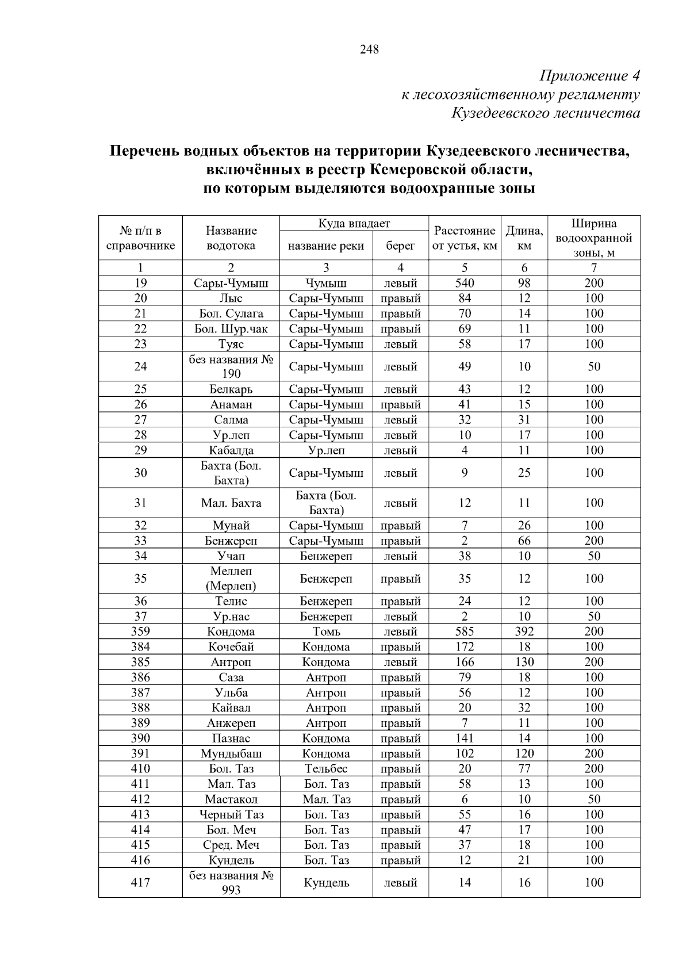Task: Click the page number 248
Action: coord(369,49)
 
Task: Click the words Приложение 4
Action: coord(589,76)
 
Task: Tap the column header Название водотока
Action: coord(231,238)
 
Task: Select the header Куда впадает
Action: coord(354,224)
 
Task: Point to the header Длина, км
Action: coord(524,238)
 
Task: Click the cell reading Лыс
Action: coord(231,298)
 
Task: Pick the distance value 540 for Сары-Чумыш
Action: coord(465,283)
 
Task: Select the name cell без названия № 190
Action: coord(231,366)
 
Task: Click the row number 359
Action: coord(140,631)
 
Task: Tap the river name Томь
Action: coord(325,631)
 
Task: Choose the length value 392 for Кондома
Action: coord(524,631)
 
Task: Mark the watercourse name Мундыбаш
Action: coord(231,753)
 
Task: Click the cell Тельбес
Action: coord(325,769)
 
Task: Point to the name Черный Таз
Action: coord(231,814)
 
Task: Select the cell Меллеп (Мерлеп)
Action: coord(231,579)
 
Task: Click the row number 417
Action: coord(140,882)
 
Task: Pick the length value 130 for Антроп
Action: coord(524,662)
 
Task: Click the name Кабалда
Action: coord(231,450)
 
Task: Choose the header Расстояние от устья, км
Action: coord(465,238)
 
